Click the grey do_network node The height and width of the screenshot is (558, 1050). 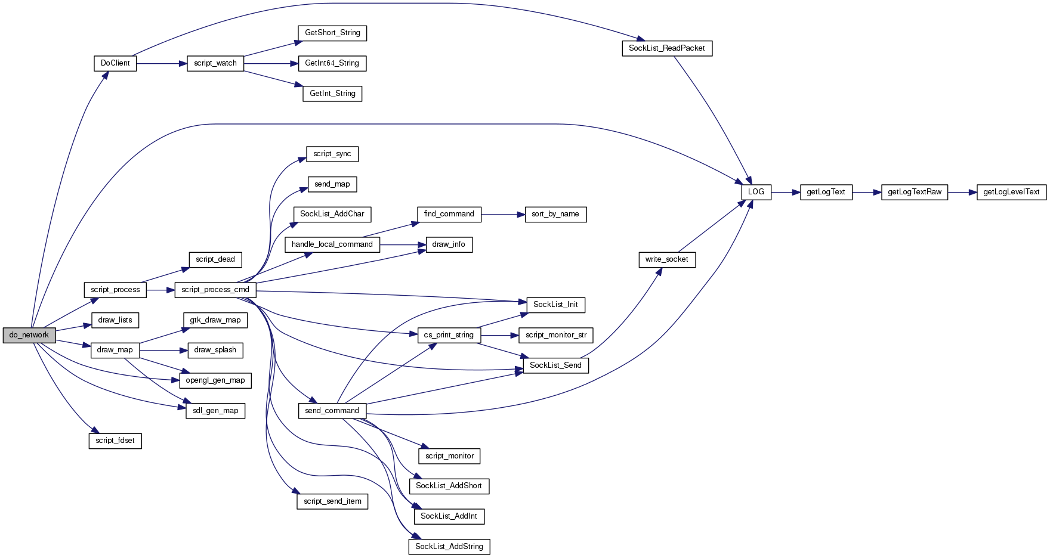[29, 335]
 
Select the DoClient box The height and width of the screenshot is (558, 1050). [115, 63]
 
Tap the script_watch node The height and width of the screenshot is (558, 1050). [215, 63]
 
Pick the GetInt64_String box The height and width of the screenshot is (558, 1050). [332, 63]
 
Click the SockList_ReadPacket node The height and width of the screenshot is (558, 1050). [667, 48]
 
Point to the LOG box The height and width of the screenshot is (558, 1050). [756, 192]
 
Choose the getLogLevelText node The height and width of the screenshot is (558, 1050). [1011, 192]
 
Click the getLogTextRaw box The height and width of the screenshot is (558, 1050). [915, 192]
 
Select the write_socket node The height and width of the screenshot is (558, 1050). [667, 259]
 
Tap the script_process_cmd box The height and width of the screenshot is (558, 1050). [215, 290]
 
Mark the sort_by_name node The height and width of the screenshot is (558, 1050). [555, 214]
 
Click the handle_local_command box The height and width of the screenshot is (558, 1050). [332, 244]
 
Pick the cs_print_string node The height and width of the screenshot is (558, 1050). [449, 335]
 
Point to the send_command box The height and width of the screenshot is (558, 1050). [332, 411]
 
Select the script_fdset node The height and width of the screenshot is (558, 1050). [115, 441]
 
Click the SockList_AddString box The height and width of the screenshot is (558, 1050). [449, 547]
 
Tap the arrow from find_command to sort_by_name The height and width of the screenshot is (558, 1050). [503, 214]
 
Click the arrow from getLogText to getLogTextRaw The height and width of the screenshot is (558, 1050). [867, 192]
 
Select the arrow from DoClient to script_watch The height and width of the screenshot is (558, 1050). [162, 63]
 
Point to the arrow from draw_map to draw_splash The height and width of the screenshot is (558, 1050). [163, 350]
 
